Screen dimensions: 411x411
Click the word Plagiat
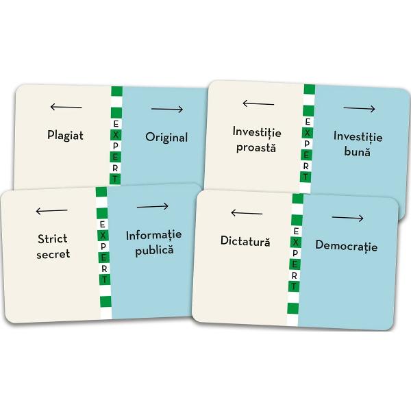pos(65,135)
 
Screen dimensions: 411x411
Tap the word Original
pos(166,137)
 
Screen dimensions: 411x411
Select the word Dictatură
pos(245,241)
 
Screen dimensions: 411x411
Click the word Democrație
pos(346,246)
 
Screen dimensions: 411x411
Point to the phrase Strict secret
pos(53,246)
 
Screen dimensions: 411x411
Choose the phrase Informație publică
pos(154,242)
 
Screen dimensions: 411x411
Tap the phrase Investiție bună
pos(358,144)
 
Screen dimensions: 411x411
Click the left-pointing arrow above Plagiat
pos(66,107)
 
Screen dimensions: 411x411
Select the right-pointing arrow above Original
pos(167,110)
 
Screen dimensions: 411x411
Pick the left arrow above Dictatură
pos(247,213)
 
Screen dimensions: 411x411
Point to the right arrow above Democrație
pos(348,219)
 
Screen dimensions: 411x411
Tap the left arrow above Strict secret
pos(51,211)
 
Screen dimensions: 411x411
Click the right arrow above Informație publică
pos(153,207)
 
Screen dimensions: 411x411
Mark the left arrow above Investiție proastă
pos(258,103)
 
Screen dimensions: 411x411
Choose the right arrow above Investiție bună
pos(360,109)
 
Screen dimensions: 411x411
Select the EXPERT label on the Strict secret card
pos(104,251)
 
